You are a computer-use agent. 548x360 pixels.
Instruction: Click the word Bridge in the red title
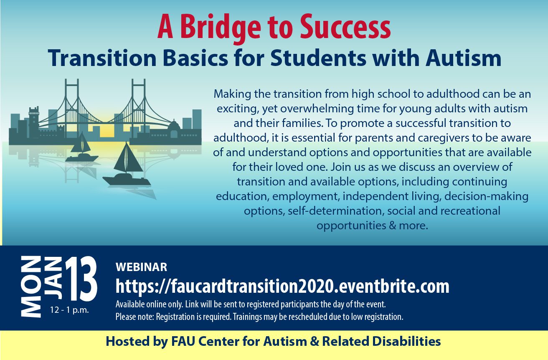tap(221, 29)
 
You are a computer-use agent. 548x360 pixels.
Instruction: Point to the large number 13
tap(80, 279)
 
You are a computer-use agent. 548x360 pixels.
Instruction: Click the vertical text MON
tap(31, 286)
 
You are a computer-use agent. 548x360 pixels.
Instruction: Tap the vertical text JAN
tap(53, 278)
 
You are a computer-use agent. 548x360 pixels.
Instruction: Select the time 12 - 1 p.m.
tap(69, 310)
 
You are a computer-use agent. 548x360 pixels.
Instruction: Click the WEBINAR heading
tap(142, 267)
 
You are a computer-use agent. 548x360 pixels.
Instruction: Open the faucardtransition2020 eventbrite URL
tap(282, 286)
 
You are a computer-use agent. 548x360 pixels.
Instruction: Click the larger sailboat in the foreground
tap(127, 165)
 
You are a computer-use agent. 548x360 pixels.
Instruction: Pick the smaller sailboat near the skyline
tap(82, 147)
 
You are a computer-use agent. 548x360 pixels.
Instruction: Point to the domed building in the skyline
tap(174, 129)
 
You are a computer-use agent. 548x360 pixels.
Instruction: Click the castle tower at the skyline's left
tap(34, 122)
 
